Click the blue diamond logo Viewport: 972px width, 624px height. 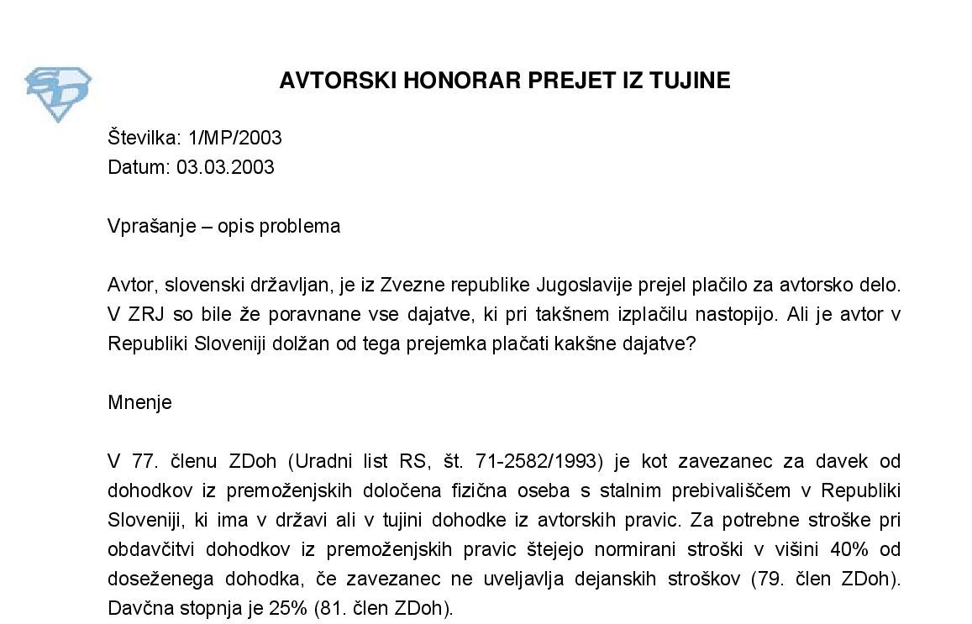tap(57, 93)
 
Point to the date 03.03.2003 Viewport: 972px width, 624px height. tap(225, 167)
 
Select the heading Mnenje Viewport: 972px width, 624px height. tap(139, 402)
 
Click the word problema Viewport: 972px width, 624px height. tap(298, 227)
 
